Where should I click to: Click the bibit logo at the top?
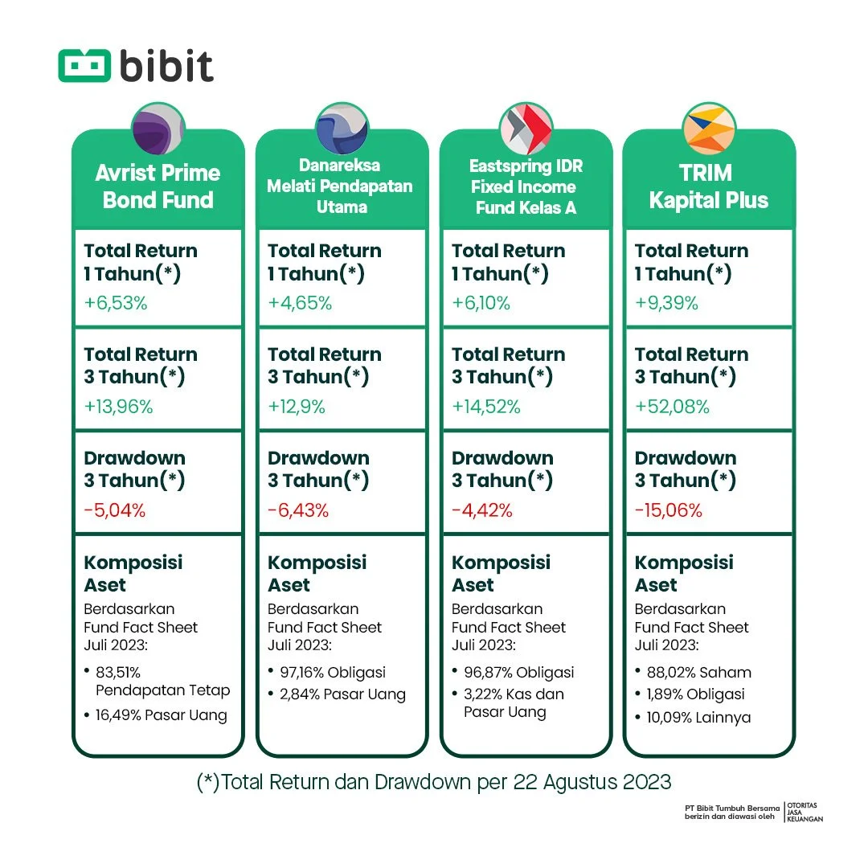(x=136, y=67)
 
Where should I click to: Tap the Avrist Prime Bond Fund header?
(x=158, y=186)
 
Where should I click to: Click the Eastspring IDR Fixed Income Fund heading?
(x=526, y=187)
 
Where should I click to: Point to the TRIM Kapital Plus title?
(x=708, y=186)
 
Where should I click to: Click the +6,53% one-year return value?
(x=117, y=304)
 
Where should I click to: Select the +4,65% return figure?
(x=300, y=304)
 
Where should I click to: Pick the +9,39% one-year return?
(x=666, y=304)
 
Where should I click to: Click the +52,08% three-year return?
(x=672, y=407)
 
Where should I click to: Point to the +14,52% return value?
(x=486, y=407)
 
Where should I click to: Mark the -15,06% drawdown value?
(x=669, y=510)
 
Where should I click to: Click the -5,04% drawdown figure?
(x=115, y=510)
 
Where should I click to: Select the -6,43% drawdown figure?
(x=298, y=510)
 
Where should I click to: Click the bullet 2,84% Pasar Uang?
(x=337, y=694)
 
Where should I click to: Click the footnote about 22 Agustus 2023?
(x=433, y=781)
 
